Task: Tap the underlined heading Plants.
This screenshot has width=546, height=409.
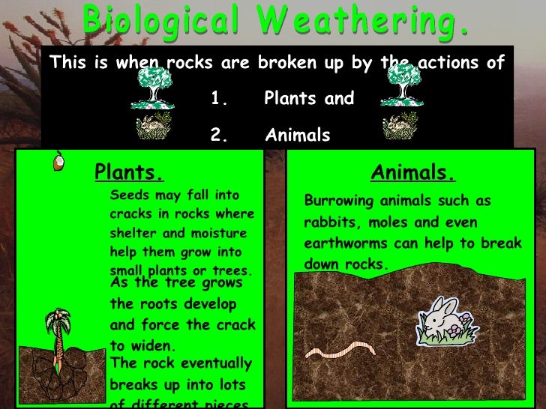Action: coord(128,173)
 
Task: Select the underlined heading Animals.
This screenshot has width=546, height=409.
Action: coord(412,173)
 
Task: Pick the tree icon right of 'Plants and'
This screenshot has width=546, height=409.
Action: coord(400,85)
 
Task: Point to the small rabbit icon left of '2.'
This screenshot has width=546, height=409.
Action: coord(154,125)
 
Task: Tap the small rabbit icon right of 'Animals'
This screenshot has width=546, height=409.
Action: coord(400,125)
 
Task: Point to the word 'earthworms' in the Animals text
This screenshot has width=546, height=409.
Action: coord(343,243)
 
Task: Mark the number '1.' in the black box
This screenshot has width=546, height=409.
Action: coord(218,99)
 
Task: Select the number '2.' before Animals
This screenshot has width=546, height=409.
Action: coord(218,136)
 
